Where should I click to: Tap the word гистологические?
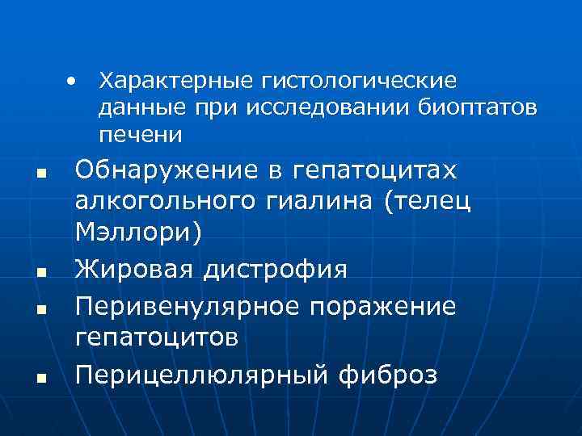pyautogui.click(x=358, y=81)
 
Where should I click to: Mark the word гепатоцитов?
pyautogui.click(x=156, y=337)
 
